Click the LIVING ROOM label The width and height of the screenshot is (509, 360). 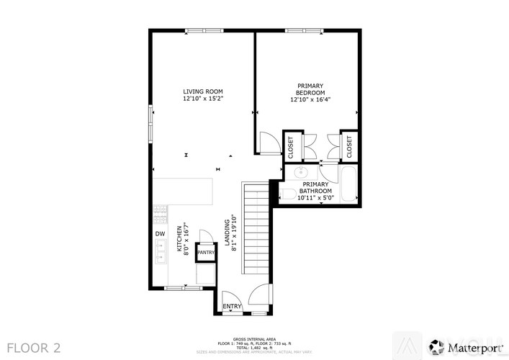(x=202, y=91)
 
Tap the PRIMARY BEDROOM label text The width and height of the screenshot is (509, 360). (x=310, y=89)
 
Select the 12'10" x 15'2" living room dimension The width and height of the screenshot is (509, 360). (x=202, y=99)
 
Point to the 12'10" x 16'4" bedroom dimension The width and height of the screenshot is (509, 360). (x=310, y=100)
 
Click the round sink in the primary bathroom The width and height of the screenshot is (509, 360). (x=302, y=173)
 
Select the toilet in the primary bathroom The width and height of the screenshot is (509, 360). (x=288, y=192)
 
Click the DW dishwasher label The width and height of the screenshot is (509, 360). (x=159, y=234)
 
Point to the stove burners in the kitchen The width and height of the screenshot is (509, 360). (x=159, y=214)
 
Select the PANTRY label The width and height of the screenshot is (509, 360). (x=205, y=253)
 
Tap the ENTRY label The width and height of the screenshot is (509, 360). (x=232, y=307)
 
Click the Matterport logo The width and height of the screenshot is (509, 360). (x=468, y=346)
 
